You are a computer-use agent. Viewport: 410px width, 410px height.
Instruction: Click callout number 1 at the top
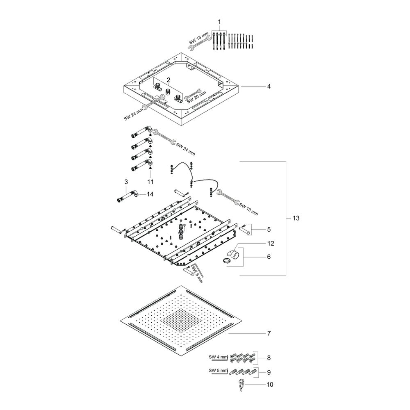(x=219, y=22)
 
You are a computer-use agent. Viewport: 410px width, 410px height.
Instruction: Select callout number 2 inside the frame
(x=169, y=80)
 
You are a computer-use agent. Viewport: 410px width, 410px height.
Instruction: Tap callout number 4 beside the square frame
(x=269, y=86)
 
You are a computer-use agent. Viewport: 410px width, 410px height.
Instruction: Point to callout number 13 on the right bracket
(x=296, y=218)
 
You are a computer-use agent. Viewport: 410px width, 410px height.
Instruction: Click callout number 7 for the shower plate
(x=269, y=333)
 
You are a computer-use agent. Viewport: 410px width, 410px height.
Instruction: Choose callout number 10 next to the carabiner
(x=270, y=385)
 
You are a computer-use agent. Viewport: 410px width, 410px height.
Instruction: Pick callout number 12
(x=271, y=244)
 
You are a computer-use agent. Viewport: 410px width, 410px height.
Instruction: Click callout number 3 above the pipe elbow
(x=126, y=182)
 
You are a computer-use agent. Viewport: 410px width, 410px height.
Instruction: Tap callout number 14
(x=150, y=194)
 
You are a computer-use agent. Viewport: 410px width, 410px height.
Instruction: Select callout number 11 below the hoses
(x=150, y=182)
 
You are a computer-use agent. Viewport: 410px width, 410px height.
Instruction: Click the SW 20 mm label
(x=197, y=97)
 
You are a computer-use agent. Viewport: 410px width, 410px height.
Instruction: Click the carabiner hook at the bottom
(x=241, y=385)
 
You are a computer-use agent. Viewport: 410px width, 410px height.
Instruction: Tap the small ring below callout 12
(x=227, y=260)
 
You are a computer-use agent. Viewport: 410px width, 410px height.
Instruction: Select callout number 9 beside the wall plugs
(x=269, y=372)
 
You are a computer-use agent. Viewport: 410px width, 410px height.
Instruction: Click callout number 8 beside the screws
(x=269, y=358)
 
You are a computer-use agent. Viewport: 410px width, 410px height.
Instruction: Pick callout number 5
(x=269, y=229)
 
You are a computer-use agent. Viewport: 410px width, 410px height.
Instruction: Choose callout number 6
(x=269, y=257)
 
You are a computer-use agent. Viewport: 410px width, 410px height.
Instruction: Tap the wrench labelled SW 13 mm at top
(x=200, y=43)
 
